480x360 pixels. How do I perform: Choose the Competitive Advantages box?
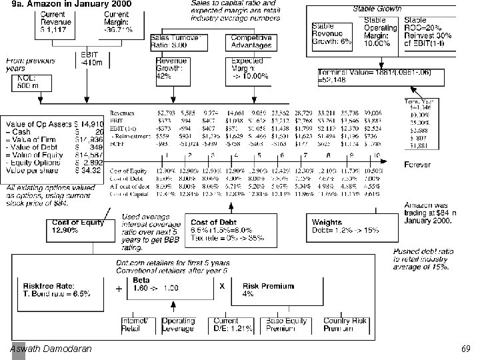(x=251, y=41)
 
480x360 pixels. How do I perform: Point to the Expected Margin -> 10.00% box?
(x=251, y=68)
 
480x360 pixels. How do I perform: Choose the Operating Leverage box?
(x=178, y=325)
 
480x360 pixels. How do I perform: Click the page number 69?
(x=465, y=349)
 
